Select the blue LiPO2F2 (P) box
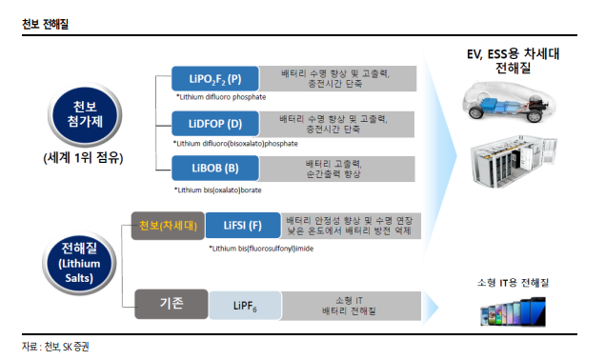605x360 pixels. click(x=214, y=79)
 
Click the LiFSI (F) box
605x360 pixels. click(x=243, y=226)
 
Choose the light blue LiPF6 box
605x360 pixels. click(x=245, y=306)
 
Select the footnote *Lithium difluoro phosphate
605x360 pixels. click(x=220, y=97)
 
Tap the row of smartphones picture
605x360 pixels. click(x=514, y=312)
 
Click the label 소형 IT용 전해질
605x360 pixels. click(x=513, y=284)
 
